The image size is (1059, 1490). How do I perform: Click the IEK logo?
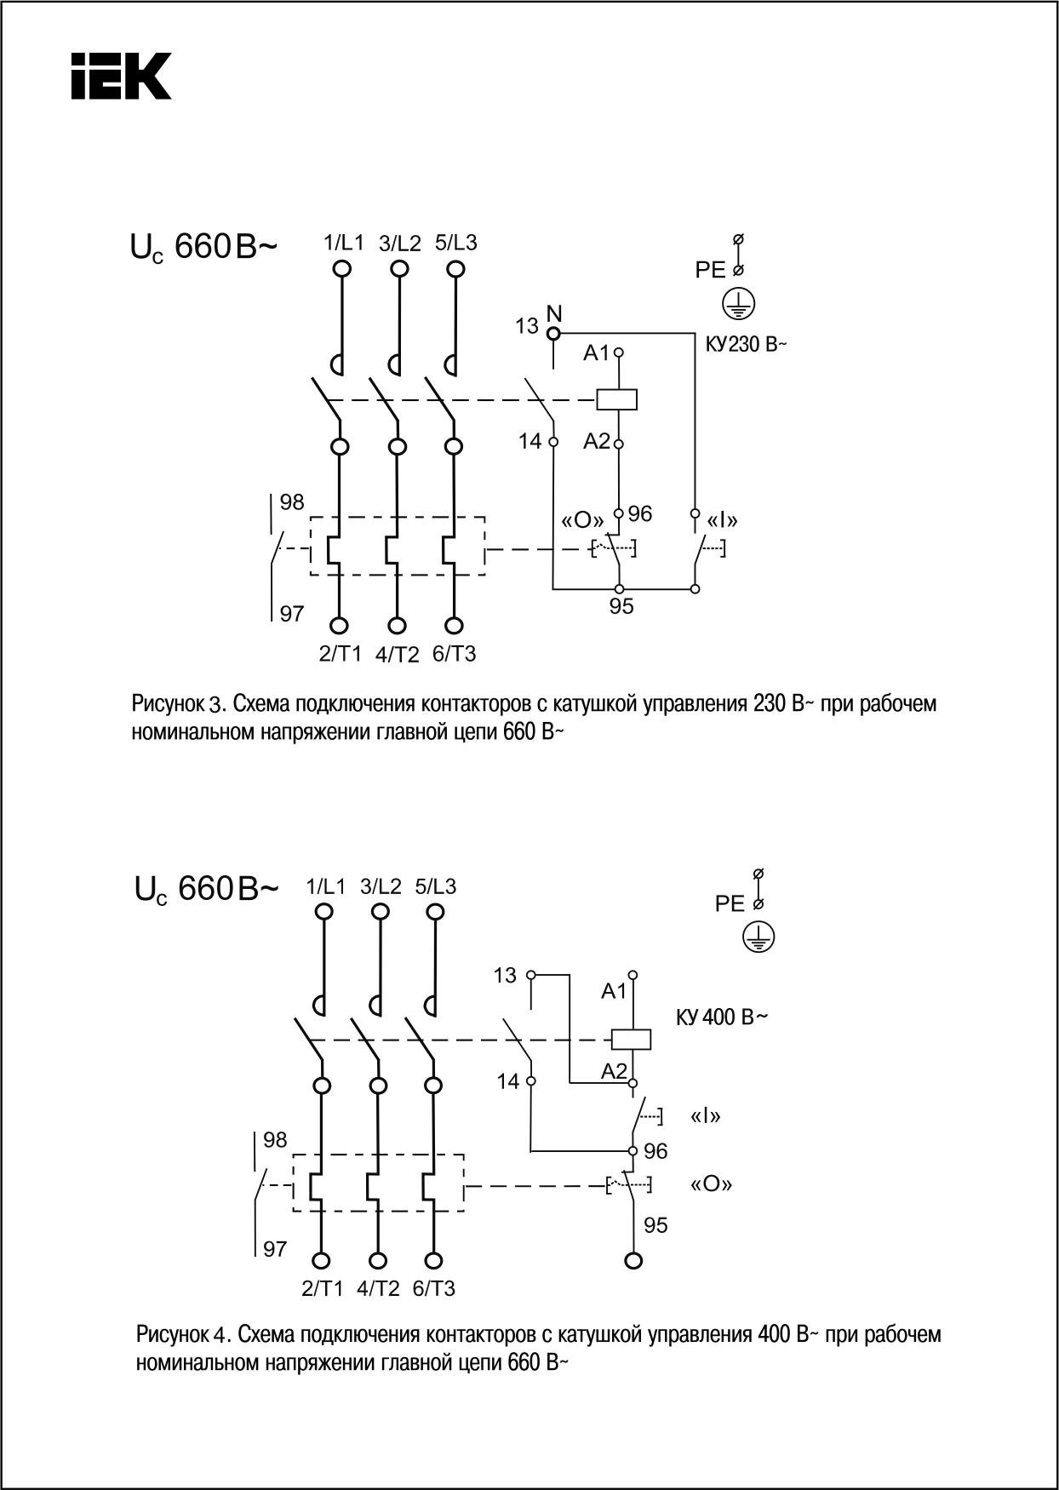click(x=121, y=76)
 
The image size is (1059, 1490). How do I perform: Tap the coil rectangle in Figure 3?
click(x=618, y=398)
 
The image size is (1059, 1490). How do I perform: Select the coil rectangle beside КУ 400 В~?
click(x=632, y=1040)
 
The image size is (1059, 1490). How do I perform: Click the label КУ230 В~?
click(x=746, y=346)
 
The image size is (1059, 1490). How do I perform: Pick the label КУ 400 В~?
click(x=722, y=1017)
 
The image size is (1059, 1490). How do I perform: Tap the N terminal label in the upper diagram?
click(x=555, y=312)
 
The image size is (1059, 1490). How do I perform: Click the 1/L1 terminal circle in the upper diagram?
click(x=341, y=269)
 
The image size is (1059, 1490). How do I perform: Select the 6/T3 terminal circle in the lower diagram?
click(x=434, y=1260)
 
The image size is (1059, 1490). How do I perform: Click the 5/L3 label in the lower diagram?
click(x=436, y=886)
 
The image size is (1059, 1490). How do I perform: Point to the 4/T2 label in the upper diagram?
click(x=398, y=655)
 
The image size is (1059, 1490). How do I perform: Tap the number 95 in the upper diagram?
click(x=621, y=606)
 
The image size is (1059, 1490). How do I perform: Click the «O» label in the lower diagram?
click(x=711, y=1183)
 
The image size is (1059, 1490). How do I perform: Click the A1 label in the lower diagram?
click(x=614, y=991)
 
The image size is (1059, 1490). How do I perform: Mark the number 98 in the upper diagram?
click(x=292, y=502)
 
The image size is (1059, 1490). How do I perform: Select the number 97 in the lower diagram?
click(x=275, y=1249)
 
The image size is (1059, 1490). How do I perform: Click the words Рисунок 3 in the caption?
click(x=178, y=705)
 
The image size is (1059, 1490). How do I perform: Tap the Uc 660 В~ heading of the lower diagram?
click(x=206, y=890)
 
